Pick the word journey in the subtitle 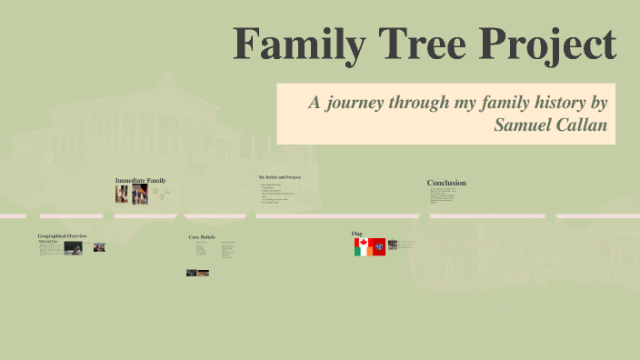363,102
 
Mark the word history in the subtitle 552,102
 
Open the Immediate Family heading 140,180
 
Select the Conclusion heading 446,183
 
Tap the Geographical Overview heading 62,235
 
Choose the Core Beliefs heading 201,236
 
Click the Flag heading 357,234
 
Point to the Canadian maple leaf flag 361,243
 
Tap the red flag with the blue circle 377,246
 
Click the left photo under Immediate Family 122,194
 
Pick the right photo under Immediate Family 139,195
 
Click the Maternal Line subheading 47,240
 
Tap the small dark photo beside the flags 393,245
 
